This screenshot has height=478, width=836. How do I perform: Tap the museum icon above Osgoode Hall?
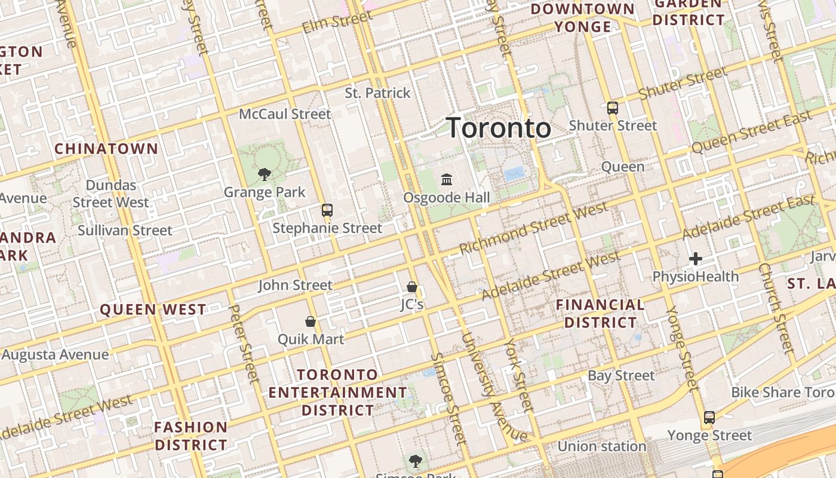point(447,179)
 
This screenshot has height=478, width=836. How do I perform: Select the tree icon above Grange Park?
point(265,174)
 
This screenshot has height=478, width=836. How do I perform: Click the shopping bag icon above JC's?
point(412,287)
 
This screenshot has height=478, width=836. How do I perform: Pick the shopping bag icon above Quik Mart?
point(311,321)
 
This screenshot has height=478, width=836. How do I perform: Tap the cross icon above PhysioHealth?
point(696,259)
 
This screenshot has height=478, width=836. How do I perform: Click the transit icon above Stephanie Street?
point(327,210)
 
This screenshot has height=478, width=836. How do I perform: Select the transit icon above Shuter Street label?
point(613,108)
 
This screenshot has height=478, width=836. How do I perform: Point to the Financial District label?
point(600,314)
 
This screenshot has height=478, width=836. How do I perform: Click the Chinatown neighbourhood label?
point(106,149)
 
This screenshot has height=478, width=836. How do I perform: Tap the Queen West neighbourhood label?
point(153,310)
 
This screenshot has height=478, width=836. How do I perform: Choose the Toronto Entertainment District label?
point(338,393)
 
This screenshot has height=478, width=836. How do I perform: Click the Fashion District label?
point(191,436)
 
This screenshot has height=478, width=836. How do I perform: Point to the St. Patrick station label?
point(378,93)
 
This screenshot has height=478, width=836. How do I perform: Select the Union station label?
point(602,446)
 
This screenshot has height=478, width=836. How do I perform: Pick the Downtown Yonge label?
point(583,18)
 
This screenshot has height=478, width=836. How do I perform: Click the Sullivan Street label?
point(125,231)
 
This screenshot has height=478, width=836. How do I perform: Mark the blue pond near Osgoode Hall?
point(514,174)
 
